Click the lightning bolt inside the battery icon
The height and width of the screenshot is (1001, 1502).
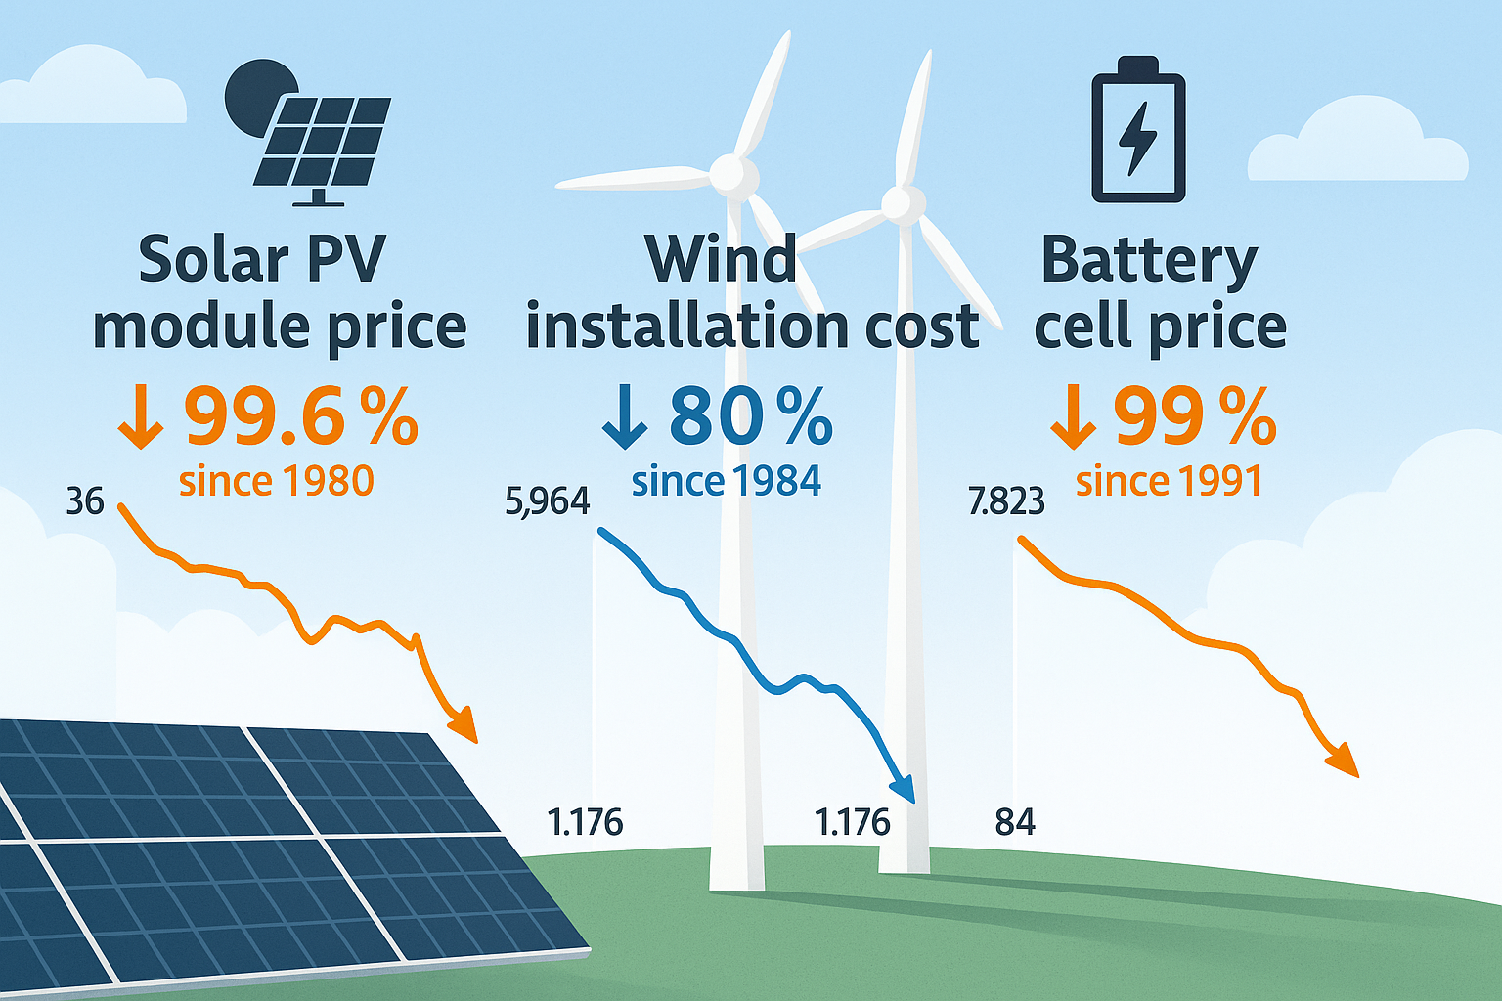1137,138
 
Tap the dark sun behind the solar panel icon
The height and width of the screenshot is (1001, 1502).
248,93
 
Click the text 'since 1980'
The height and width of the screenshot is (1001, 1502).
276,481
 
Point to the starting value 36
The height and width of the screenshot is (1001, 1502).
85,501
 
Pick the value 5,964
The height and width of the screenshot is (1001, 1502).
548,501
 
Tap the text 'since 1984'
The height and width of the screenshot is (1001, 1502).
726,481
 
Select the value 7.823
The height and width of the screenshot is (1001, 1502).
1006,501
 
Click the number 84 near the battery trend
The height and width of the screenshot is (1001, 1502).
1015,822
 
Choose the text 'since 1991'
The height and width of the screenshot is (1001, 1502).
1169,481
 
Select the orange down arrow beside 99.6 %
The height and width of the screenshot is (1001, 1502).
140,418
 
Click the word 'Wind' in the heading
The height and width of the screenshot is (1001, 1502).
721,260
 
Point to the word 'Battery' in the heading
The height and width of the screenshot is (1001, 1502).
1149,260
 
